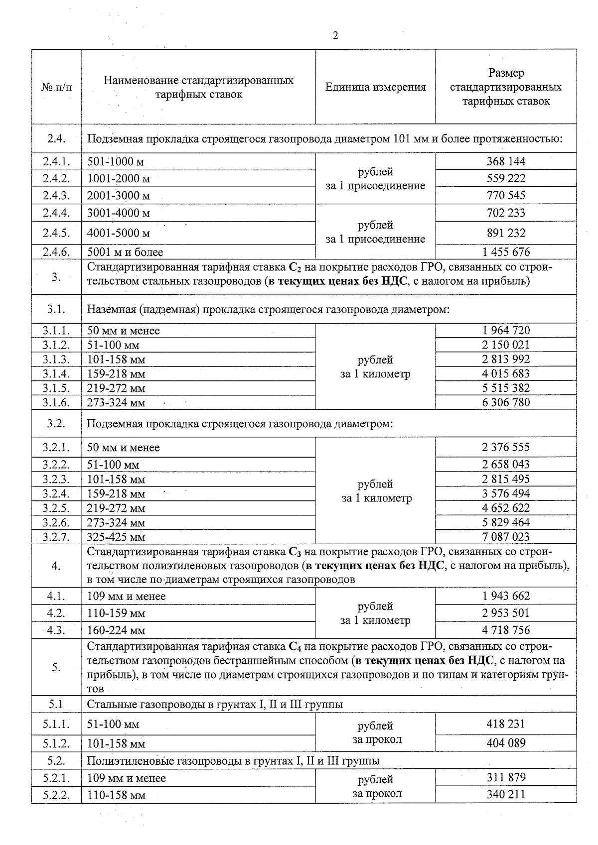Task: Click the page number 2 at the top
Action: coord(335,36)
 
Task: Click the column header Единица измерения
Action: coord(375,88)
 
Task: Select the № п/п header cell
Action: coord(56,88)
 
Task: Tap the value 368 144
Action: coord(506,161)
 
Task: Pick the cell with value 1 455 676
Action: coord(506,252)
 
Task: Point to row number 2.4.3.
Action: coord(56,195)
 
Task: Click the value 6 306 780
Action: coord(506,402)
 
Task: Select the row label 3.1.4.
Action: coord(56,373)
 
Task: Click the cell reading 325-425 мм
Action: coord(116,537)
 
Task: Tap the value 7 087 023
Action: coord(506,537)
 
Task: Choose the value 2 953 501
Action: coord(506,613)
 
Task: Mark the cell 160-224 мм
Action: coord(116,630)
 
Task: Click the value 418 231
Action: coord(506,724)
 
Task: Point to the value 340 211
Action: coord(506,794)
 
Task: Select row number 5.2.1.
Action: coord(56,778)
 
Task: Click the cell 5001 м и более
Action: coord(125,252)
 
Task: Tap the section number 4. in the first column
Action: coord(56,566)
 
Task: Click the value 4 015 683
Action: coord(506,373)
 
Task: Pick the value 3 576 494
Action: coord(506,493)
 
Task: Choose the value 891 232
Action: coord(506,233)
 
